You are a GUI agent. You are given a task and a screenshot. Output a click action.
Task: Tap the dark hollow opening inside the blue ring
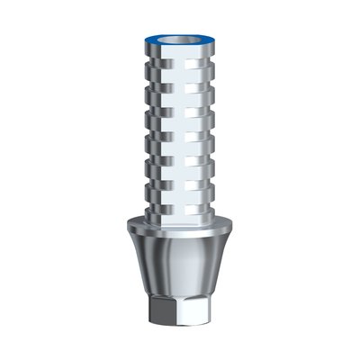click(x=181, y=38)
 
